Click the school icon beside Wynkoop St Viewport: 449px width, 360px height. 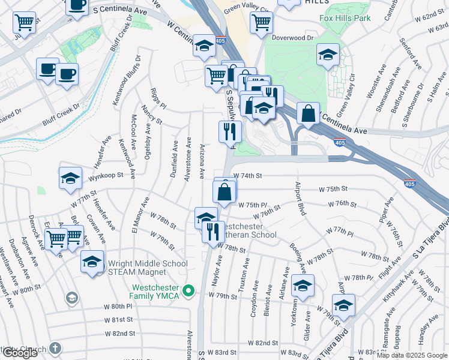(70, 178)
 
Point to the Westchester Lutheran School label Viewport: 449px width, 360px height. (249, 231)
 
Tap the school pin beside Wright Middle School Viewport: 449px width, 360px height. (92, 262)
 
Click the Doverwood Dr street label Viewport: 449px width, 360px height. (292, 38)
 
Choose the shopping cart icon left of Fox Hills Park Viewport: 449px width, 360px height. (261, 23)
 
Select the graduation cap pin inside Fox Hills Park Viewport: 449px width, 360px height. (328, 55)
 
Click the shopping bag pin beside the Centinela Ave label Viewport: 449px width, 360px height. (308, 113)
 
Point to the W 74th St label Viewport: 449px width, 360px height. (251, 176)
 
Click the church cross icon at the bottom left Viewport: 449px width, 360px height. (55, 348)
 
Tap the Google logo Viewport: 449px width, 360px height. (20, 353)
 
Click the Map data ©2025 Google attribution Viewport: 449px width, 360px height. (412, 355)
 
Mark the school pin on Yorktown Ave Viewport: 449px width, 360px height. (303, 286)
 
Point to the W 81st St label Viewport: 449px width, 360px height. (118, 319)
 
